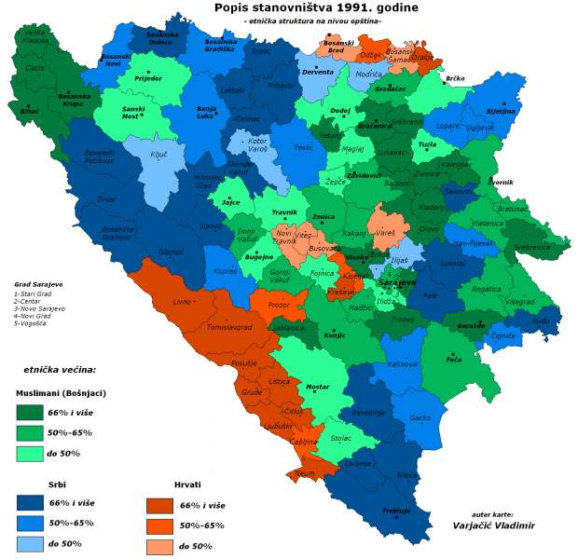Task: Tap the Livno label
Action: [x=181, y=302]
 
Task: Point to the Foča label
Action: [x=454, y=357]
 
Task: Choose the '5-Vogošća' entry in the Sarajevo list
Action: [x=32, y=323]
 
